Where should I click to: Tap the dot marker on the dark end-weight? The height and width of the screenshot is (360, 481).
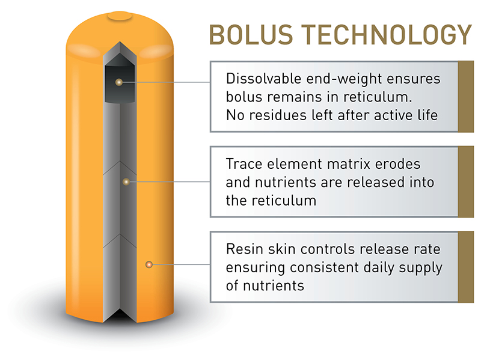coord(119,82)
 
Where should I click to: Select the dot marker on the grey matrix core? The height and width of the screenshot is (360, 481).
coord(126,181)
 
